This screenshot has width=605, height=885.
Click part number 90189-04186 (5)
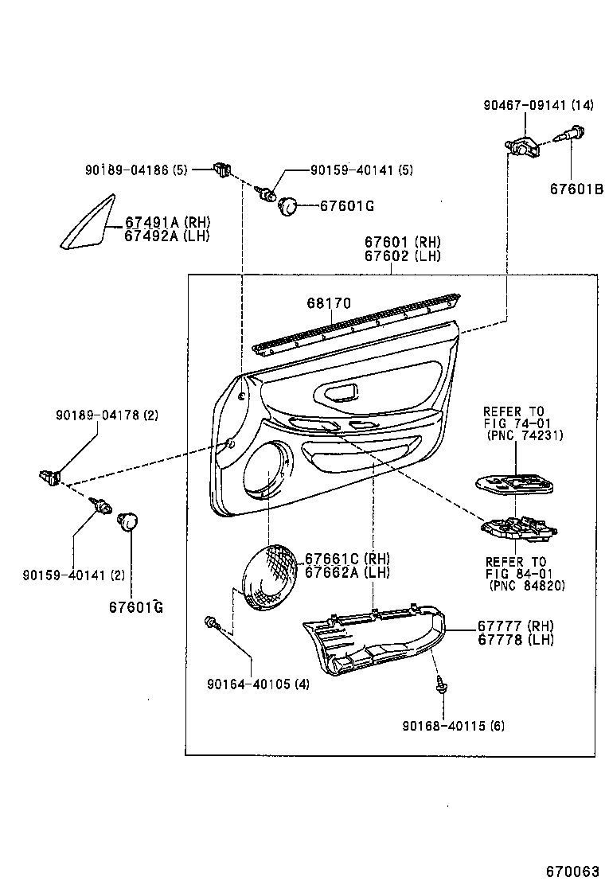136,170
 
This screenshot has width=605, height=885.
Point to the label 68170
329,303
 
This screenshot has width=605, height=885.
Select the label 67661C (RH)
348,559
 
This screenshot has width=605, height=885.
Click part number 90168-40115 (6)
452,725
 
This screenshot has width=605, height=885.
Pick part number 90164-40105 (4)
258,684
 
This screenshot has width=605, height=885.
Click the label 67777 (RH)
515,626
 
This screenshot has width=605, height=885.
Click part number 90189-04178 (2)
107,415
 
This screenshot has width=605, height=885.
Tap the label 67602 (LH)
402,255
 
